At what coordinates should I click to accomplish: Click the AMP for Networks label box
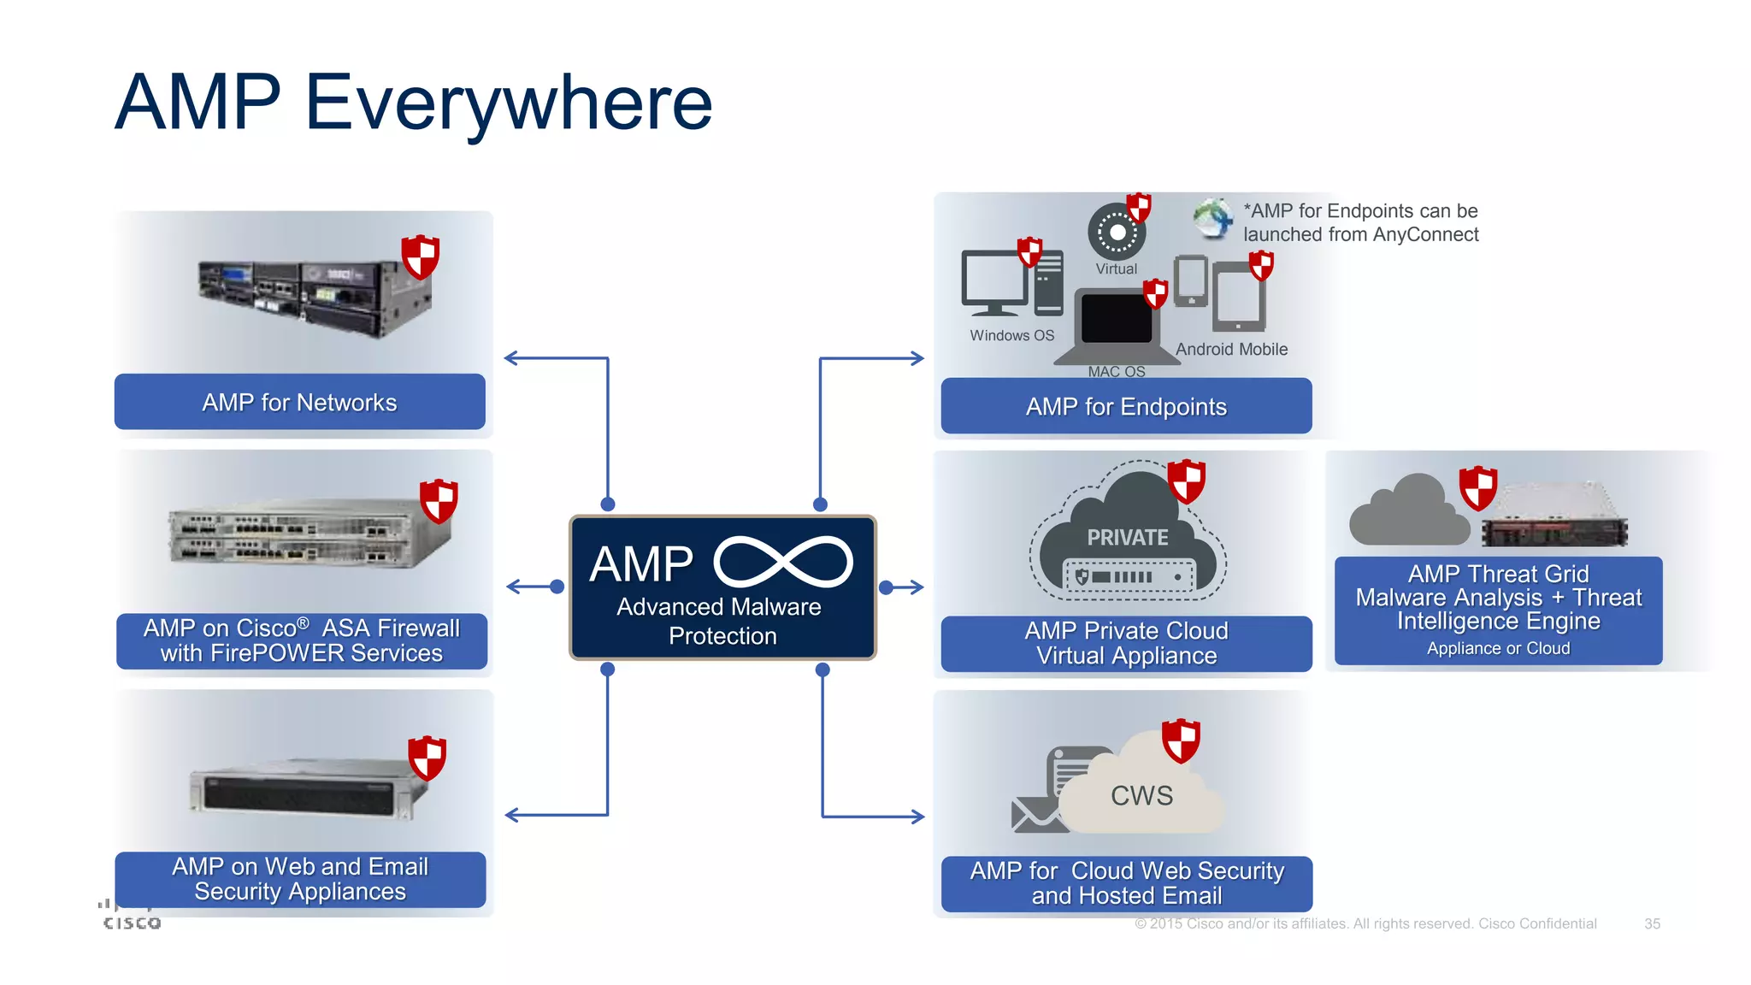click(x=299, y=402)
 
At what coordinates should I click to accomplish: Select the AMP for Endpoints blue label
click(x=1126, y=406)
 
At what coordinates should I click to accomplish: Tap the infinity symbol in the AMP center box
click(x=783, y=563)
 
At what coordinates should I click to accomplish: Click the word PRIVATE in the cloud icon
click(x=1127, y=538)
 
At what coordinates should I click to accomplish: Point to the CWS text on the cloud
click(x=1141, y=795)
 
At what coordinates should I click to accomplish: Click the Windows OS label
click(x=1011, y=336)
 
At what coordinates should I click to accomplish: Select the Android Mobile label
click(x=1231, y=349)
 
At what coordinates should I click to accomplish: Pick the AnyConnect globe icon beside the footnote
click(x=1212, y=217)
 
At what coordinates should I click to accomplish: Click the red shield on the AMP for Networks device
click(x=421, y=257)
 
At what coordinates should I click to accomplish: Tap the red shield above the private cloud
click(x=1187, y=481)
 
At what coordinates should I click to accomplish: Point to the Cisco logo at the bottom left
click(x=131, y=917)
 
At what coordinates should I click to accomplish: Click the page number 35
click(x=1652, y=923)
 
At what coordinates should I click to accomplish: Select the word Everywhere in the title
click(x=508, y=103)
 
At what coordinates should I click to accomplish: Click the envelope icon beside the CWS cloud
click(x=1033, y=815)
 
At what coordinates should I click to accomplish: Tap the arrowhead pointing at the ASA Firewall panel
click(x=513, y=587)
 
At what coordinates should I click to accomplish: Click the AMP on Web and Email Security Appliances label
click(x=300, y=879)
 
